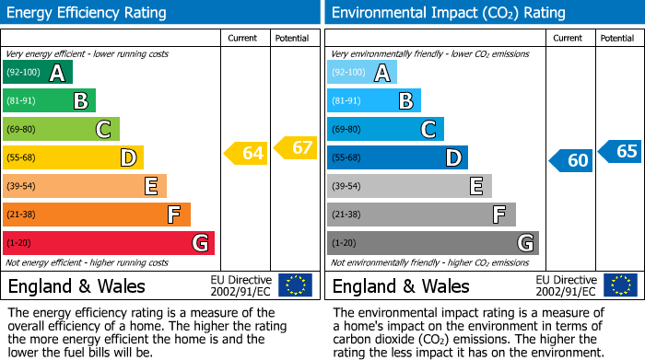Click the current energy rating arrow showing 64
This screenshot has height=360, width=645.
pos(247,153)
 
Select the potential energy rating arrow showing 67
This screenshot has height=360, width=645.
pos(296,147)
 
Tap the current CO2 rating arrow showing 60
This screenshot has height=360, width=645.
pos(571,160)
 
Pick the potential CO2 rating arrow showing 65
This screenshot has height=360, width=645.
pos(620,151)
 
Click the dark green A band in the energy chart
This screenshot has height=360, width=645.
pos(37,73)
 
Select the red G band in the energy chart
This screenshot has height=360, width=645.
pos(108,243)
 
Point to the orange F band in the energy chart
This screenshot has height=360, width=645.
pos(96,215)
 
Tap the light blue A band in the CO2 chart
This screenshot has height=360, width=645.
pos(361,73)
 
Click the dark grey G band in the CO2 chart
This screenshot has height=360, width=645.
pos(432,243)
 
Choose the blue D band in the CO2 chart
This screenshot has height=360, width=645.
pos(396,157)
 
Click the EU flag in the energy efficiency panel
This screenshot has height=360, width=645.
pos(295,285)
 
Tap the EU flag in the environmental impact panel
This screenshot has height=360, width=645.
pos(619,285)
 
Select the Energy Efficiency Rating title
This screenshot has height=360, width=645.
pos(88,13)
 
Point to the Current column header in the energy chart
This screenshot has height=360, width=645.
pos(242,38)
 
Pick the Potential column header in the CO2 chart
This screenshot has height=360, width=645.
pos(616,38)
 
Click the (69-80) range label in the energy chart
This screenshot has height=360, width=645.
pos(22,130)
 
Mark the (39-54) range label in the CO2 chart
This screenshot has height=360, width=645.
pos(346,187)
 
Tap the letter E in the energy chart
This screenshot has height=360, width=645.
pos(150,187)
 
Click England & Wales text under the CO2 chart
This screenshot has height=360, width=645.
pos(401,285)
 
